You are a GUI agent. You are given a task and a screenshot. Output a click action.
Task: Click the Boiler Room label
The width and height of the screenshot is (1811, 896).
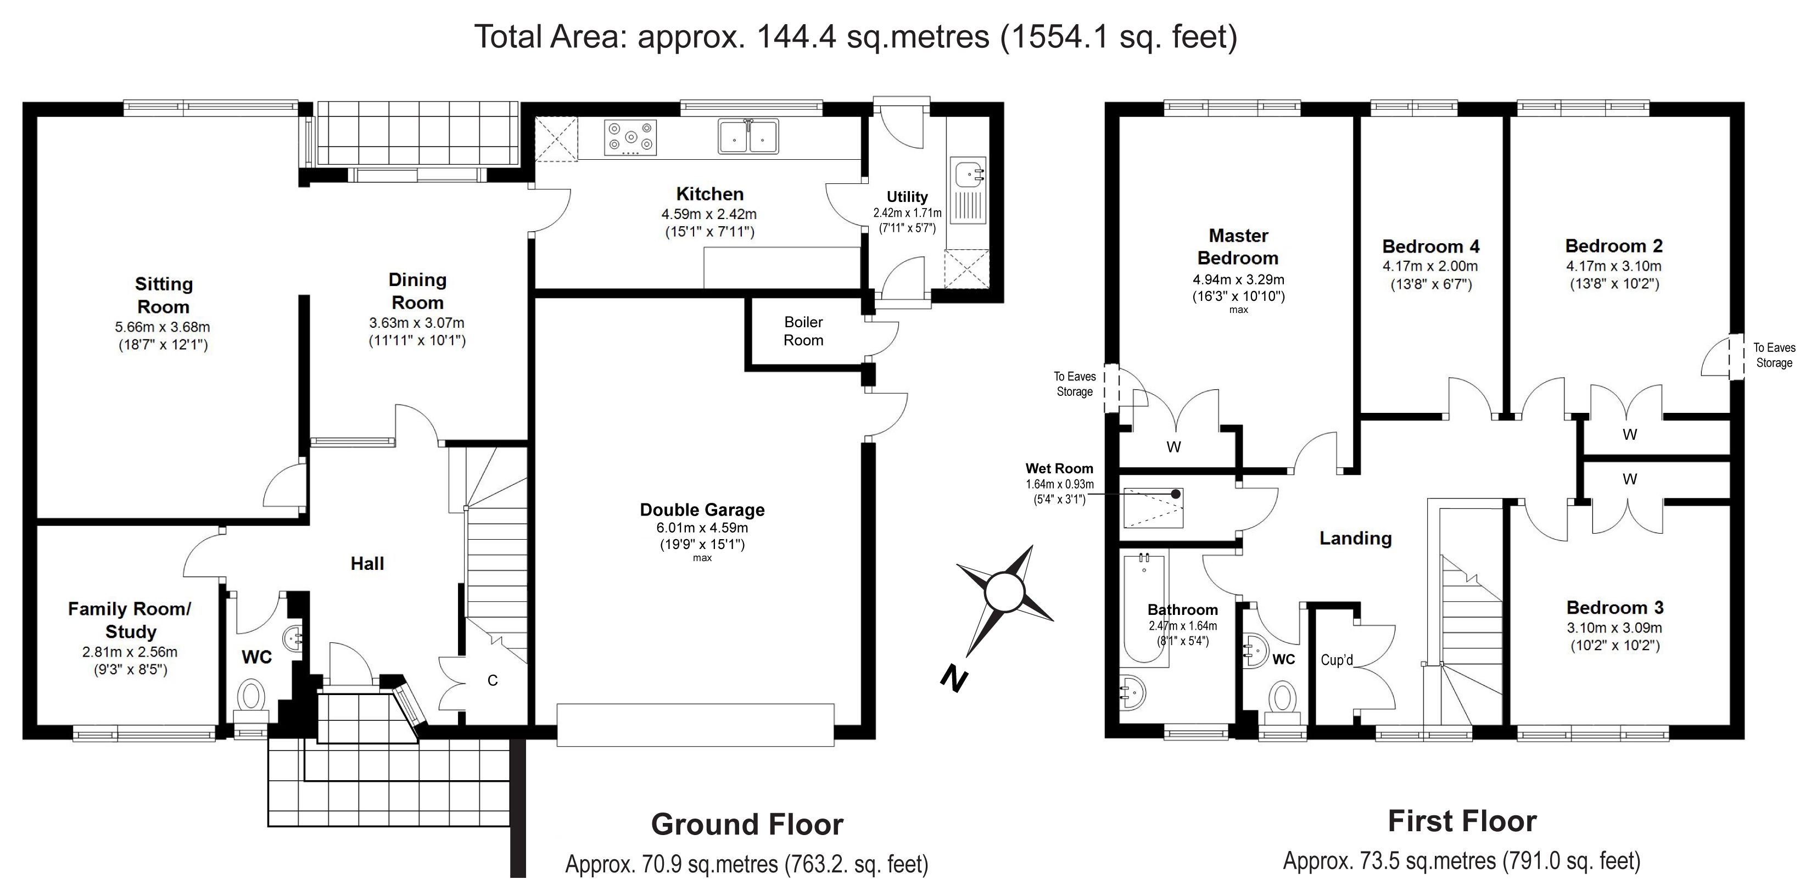pos(803,331)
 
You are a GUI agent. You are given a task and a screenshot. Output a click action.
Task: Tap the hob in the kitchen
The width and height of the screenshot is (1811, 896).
pos(630,137)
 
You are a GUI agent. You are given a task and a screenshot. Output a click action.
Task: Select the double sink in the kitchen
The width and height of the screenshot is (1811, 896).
pos(748,136)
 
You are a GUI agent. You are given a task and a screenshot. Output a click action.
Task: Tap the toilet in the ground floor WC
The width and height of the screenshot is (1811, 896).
pos(250,695)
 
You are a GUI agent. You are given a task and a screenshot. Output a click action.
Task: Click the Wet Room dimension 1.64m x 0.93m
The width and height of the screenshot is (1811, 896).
pos(1059,484)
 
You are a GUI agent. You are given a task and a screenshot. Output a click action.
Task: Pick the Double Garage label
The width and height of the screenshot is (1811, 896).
pos(702,509)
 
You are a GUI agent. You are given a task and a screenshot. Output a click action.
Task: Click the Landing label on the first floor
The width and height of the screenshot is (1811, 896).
pos(1355,538)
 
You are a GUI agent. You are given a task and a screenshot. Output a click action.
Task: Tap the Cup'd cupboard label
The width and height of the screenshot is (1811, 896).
pos(1337,660)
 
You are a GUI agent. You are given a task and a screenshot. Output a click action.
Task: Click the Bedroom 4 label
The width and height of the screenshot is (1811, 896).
pos(1430,247)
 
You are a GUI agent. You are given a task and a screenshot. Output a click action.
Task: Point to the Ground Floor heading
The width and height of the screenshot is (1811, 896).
pos(747,824)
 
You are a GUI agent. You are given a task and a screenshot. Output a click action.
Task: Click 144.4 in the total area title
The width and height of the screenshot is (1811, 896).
pos(796,37)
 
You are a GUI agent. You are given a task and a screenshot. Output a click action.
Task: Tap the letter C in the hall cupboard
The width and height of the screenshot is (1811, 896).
pos(493,680)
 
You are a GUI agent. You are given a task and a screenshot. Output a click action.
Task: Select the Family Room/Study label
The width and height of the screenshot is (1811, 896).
pos(130,620)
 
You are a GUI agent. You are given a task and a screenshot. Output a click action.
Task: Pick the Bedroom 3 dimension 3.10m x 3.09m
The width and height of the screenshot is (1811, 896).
pos(1614,628)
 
